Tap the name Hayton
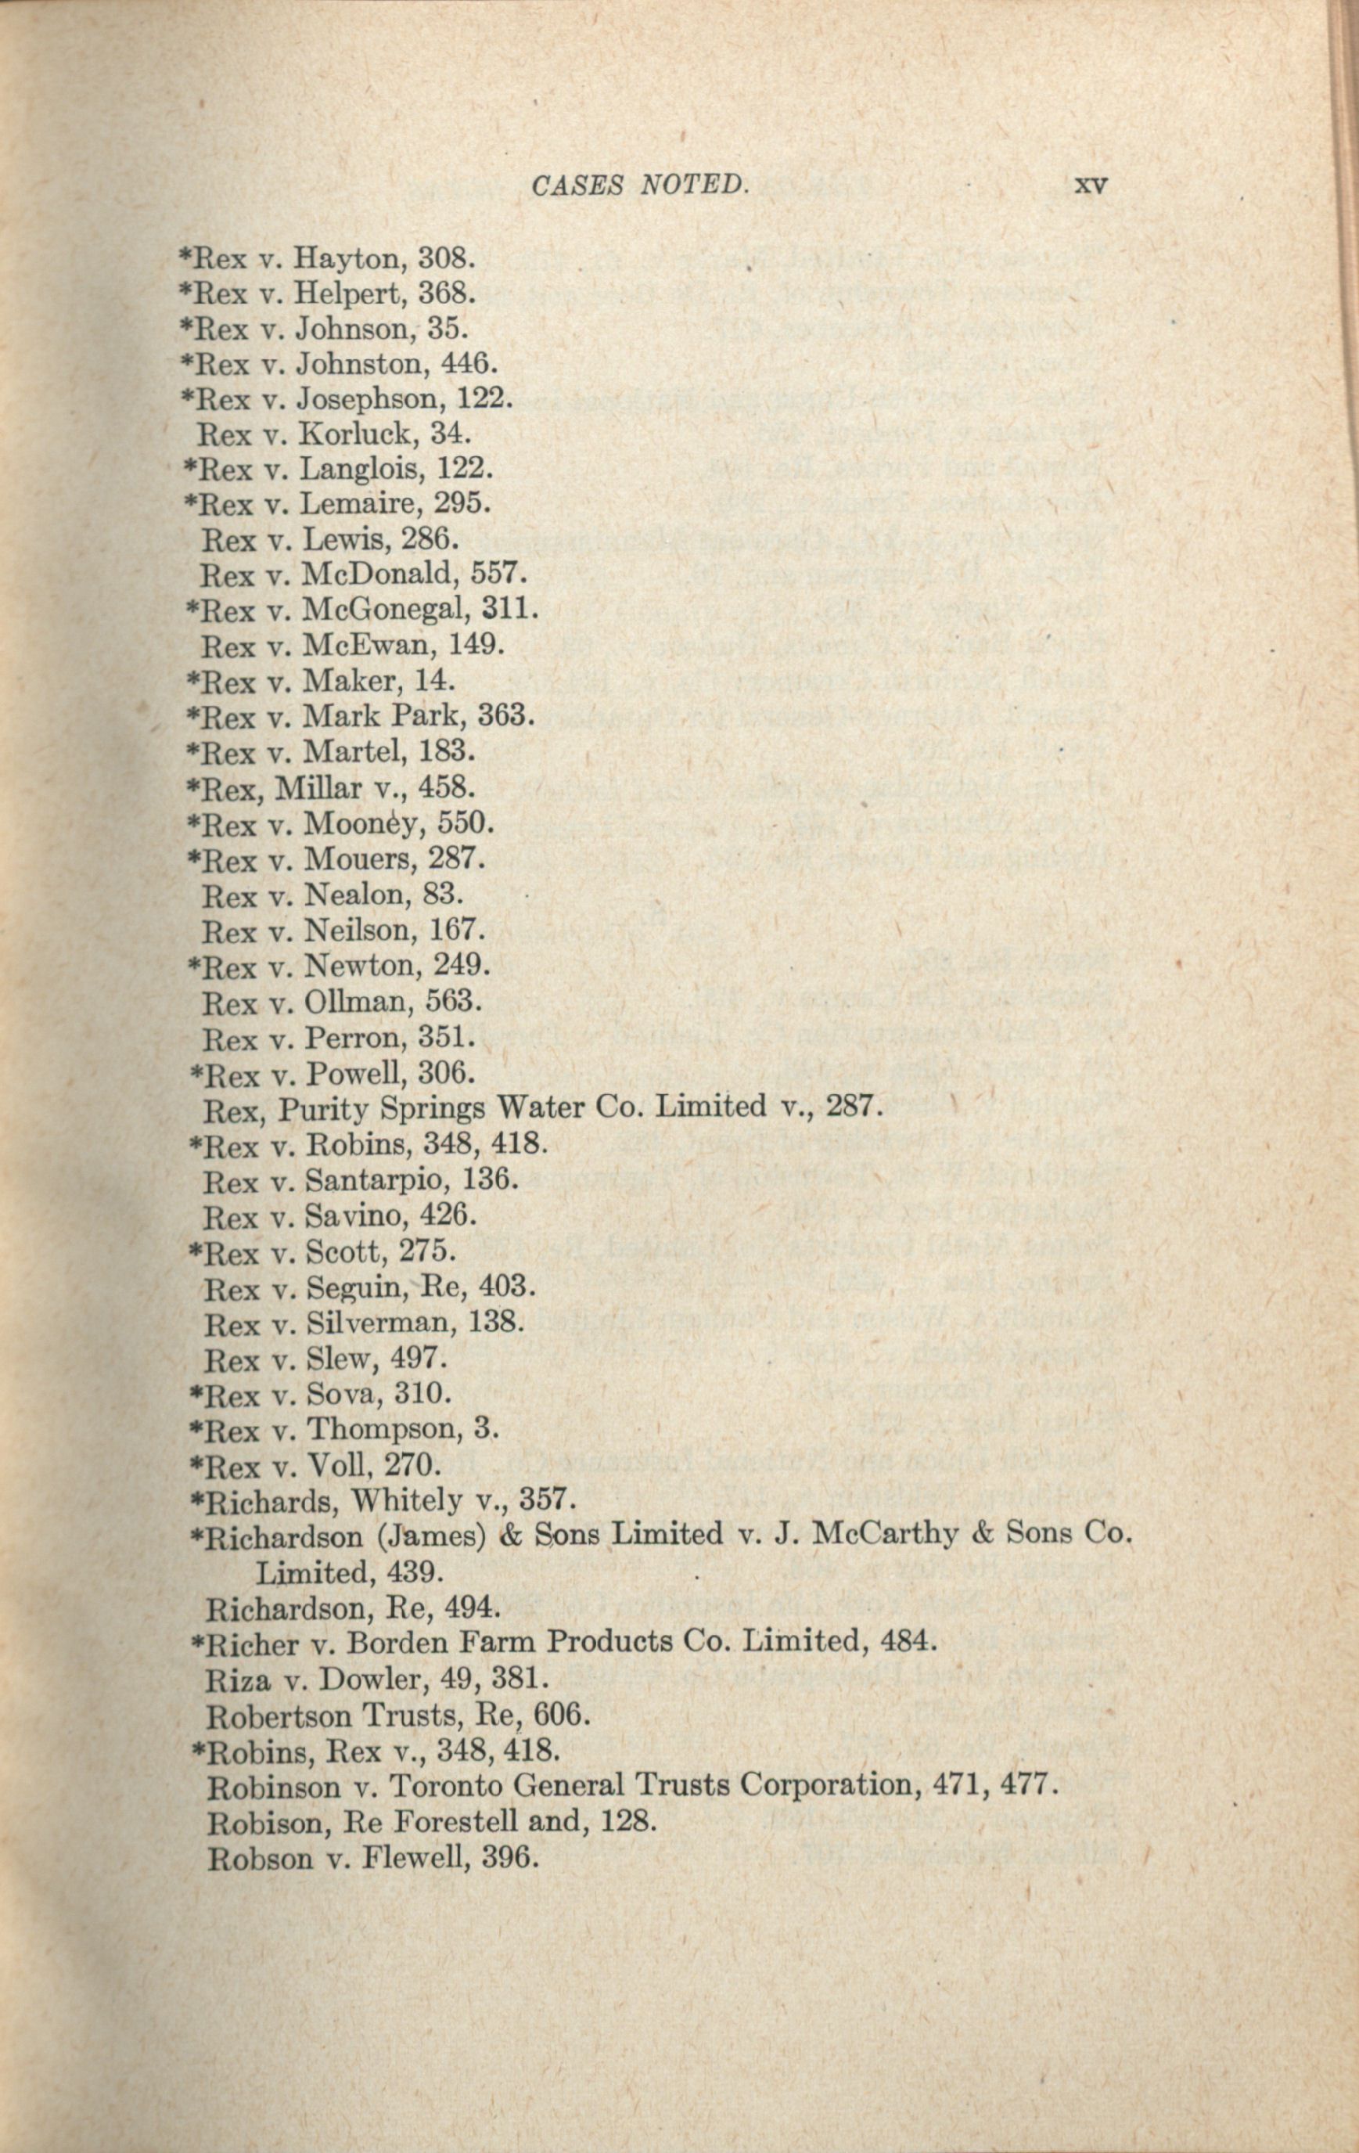[349, 258]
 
